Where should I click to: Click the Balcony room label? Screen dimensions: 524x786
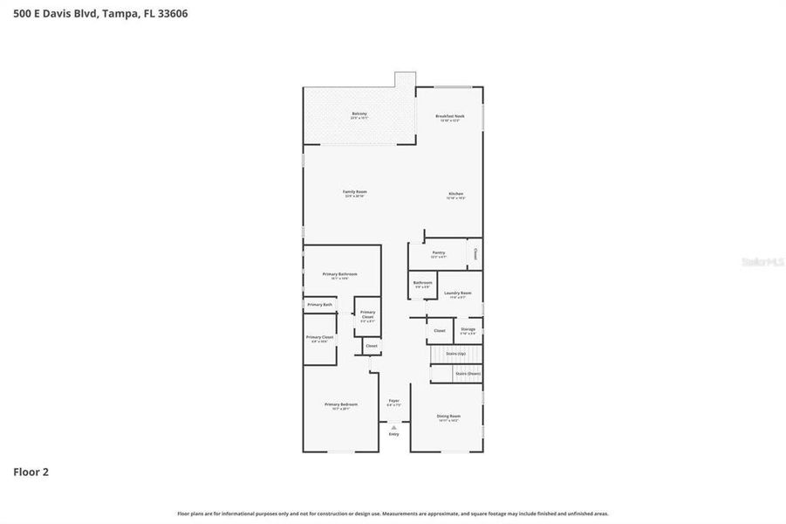pos(359,114)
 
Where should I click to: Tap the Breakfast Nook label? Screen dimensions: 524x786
pos(450,116)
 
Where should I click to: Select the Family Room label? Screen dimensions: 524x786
pos(355,191)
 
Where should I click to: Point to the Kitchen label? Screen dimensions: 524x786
pos(455,194)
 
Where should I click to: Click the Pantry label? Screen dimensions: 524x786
pos(438,252)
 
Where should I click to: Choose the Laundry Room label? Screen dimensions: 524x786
pos(457,293)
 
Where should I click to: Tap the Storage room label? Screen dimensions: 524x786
pos(468,329)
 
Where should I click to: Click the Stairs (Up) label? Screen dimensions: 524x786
pos(455,354)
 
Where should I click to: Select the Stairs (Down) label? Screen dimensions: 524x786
pos(467,374)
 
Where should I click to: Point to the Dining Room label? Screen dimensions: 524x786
pos(448,417)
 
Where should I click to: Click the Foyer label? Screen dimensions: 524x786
pos(393,401)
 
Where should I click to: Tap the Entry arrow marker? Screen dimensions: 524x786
pos(393,427)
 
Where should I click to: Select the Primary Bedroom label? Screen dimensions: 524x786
pos(341,404)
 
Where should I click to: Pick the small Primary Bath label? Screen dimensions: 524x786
pos(319,304)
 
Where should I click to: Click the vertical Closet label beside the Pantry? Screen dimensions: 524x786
pos(475,253)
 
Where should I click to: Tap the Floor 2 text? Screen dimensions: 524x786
pos(31,472)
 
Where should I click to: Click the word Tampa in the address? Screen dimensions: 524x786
pos(122,14)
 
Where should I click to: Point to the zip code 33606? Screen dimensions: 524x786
pos(169,14)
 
